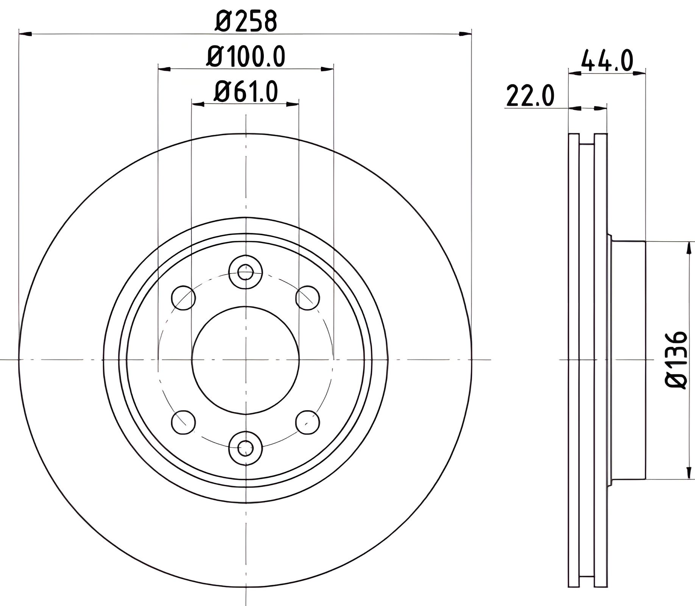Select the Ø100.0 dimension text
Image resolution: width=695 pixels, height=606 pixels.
tap(246, 57)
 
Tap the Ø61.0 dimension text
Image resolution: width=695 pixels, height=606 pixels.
tap(246, 92)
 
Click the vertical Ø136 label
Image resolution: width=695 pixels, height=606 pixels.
tap(676, 359)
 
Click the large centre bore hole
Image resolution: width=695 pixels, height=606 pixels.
tap(246, 360)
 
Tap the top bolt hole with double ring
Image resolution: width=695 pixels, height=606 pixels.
tap(246, 272)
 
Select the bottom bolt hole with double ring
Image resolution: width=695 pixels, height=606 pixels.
tap(246, 448)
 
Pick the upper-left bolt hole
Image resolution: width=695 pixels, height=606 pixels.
tap(184, 298)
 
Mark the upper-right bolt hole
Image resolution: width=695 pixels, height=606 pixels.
tap(307, 298)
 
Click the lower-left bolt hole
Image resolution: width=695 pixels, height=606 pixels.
tap(184, 422)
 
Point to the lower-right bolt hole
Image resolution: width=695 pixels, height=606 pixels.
tap(307, 422)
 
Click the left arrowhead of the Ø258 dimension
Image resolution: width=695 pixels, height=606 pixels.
tap(25, 34)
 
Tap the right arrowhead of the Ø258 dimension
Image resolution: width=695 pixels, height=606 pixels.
tap(466, 34)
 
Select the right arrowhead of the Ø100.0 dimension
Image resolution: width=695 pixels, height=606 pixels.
tap(327, 69)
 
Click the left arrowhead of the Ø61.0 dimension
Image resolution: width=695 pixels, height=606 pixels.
tap(198, 103)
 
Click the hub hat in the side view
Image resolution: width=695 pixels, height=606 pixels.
tap(626, 360)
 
